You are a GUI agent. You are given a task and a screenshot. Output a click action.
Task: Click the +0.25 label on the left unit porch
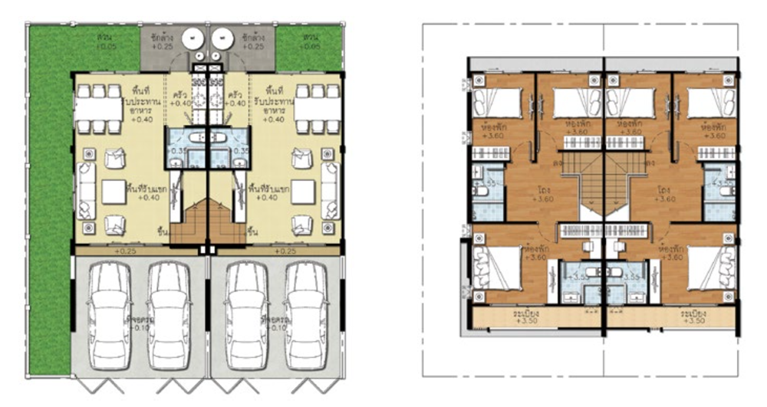[125, 251]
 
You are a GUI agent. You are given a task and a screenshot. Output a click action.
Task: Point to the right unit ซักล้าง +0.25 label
[253, 41]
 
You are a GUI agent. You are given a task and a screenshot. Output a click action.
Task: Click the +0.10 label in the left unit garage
[138, 323]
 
